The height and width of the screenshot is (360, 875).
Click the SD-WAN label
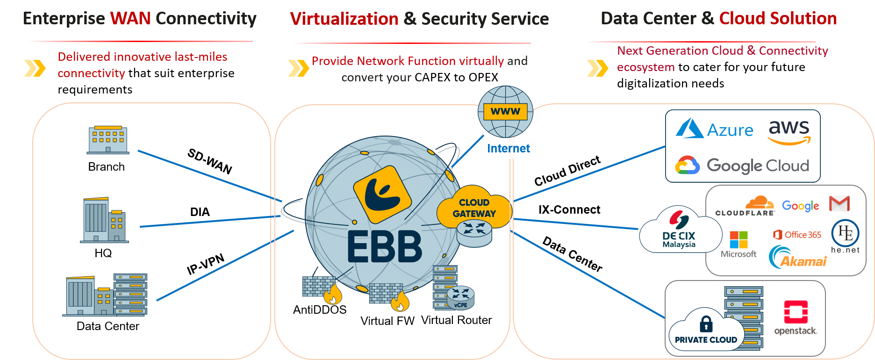coord(209,160)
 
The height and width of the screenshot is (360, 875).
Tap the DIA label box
coord(200,212)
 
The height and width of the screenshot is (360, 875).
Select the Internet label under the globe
coord(509,148)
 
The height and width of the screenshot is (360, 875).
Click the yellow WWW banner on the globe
coord(505,112)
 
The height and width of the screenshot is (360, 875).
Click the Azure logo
coord(715,129)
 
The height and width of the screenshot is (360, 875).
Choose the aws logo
coord(789,131)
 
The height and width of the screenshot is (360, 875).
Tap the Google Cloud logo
coord(742,166)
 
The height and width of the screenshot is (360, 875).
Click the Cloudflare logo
coord(746,207)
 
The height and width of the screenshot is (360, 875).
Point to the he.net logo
coord(846,236)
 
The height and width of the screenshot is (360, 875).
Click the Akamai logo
coord(798,258)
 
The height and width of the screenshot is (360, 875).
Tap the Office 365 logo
coord(797,235)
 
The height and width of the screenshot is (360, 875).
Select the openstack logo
coord(796,317)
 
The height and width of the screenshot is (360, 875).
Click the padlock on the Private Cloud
coord(706,324)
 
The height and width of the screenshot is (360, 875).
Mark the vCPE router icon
coord(460,298)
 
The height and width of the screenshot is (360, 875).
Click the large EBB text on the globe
coord(385,246)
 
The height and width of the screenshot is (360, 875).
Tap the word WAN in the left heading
coord(130,19)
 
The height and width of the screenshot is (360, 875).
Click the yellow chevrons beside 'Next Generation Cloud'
coord(597,68)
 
